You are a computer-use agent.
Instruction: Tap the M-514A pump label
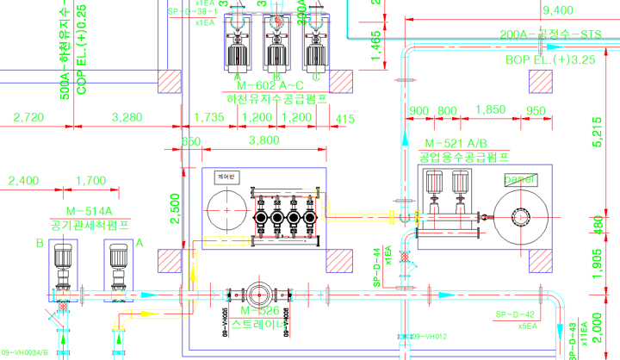pyautogui.click(x=90, y=211)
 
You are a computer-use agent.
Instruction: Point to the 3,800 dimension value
pyautogui.click(x=263, y=140)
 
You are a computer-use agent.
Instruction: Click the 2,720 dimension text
pyautogui.click(x=29, y=117)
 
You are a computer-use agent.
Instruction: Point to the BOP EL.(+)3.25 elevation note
pyautogui.click(x=550, y=60)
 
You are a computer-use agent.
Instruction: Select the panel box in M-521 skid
pyautogui.click(x=520, y=179)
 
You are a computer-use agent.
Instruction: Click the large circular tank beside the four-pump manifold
pyautogui.click(x=226, y=209)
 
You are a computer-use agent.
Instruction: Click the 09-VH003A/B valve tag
pyautogui.click(x=24, y=352)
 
